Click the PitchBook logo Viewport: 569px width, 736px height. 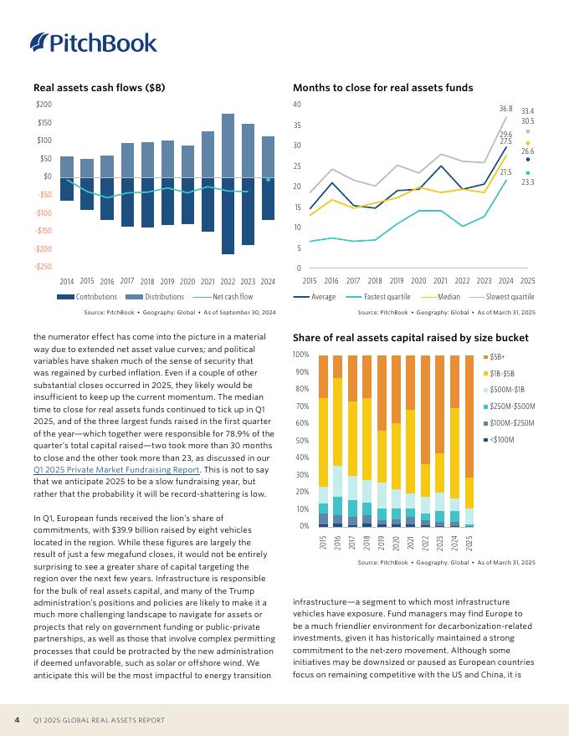click(94, 43)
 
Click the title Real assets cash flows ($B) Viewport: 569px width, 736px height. click(99, 88)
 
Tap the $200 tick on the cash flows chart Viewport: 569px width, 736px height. click(44, 105)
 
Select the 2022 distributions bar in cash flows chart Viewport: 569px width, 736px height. click(228, 145)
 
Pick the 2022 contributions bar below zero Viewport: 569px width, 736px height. click(228, 215)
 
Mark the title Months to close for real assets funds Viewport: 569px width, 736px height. click(383, 88)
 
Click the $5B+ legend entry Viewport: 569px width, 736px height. click(496, 356)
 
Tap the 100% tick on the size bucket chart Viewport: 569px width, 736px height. click(300, 355)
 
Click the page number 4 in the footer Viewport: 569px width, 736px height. click(17, 720)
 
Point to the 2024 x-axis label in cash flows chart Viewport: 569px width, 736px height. click(268, 282)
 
